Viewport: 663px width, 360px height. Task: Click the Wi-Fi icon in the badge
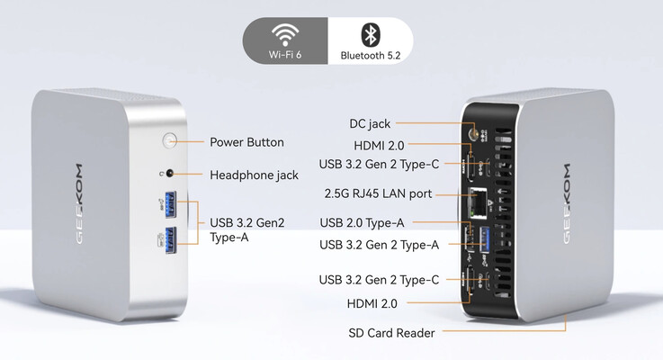coord(286,35)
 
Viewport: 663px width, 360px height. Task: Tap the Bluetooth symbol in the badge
coord(368,34)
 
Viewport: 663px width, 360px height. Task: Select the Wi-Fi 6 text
coord(286,55)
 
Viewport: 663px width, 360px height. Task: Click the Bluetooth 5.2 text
coord(369,55)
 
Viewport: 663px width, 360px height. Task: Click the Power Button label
coord(246,142)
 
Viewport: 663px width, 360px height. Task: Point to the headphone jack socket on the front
coord(169,174)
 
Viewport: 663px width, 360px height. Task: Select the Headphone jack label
coord(254,175)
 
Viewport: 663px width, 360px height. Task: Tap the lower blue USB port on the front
coord(174,237)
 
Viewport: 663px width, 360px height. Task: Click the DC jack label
coord(369,123)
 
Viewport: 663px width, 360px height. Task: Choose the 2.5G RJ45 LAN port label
coord(378,193)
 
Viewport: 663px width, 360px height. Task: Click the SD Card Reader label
coord(391,333)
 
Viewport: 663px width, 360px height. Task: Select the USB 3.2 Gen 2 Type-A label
coord(380,244)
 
